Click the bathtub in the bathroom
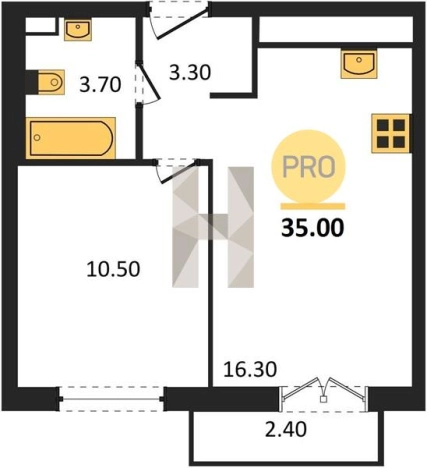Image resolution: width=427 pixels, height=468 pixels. [x=71, y=138]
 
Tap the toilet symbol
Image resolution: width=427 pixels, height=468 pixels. [x=46, y=82]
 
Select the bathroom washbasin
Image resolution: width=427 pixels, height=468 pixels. [x=78, y=30]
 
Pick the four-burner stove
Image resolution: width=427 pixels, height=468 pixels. [x=391, y=133]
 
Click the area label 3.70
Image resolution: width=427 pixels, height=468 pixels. [x=100, y=85]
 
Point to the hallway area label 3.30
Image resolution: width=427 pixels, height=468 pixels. [x=190, y=73]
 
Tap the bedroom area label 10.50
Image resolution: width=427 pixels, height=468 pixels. [x=113, y=269]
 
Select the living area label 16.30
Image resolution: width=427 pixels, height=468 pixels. [x=250, y=369]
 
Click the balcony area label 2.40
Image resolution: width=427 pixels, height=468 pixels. [x=286, y=429]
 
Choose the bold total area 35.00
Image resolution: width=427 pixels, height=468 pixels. [x=312, y=229]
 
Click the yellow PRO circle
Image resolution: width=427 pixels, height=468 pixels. [x=309, y=167]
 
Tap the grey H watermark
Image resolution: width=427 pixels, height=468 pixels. [x=213, y=227]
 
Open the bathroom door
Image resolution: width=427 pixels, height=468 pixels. [x=147, y=83]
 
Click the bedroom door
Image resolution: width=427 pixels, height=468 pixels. [x=177, y=170]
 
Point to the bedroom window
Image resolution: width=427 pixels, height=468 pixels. [x=111, y=399]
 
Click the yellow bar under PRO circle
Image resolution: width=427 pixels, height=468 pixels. [x=313, y=206]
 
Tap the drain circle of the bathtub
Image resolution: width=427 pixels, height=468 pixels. [x=37, y=137]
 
